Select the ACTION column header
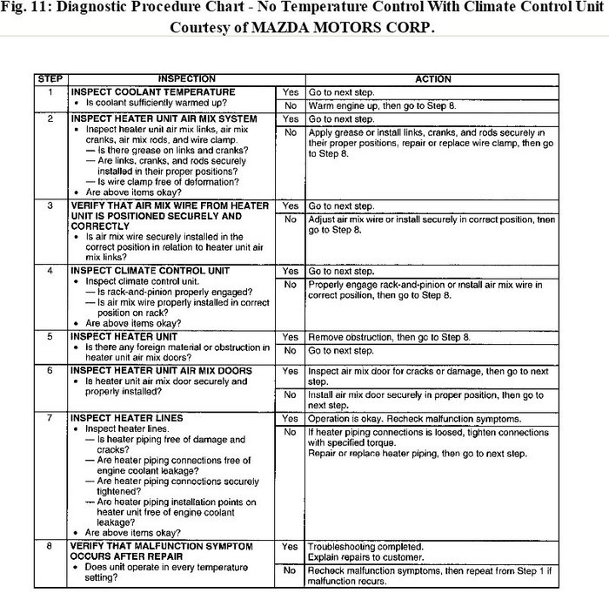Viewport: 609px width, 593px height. pyautogui.click(x=432, y=79)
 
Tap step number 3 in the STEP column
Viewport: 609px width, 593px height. pyautogui.click(x=50, y=206)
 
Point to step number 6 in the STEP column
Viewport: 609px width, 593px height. pyautogui.click(x=50, y=370)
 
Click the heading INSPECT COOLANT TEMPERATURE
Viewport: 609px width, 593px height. pyautogui.click(x=152, y=91)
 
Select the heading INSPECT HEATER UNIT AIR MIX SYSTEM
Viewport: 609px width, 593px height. pyautogui.click(x=164, y=118)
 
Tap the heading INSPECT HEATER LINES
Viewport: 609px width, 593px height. pyautogui.click(x=127, y=419)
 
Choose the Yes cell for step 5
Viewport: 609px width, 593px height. pyautogui.click(x=290, y=336)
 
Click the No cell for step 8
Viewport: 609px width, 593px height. pyautogui.click(x=290, y=570)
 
